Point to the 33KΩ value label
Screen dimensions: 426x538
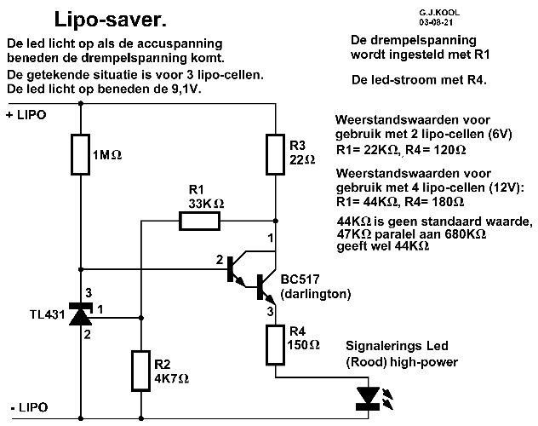tap(207, 204)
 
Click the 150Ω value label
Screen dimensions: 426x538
tap(304, 346)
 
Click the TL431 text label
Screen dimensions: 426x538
tap(33, 315)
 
